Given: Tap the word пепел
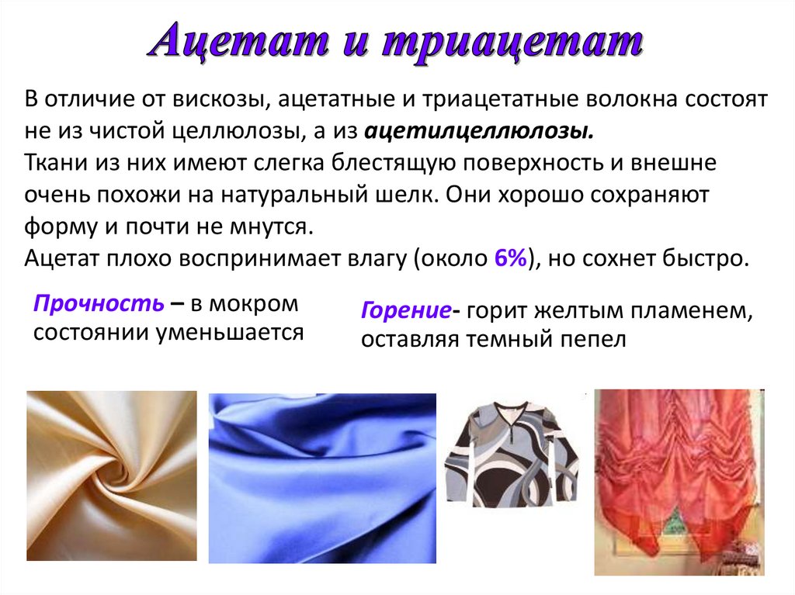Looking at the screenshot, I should point(592,340).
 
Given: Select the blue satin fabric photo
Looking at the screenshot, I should point(322,477).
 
